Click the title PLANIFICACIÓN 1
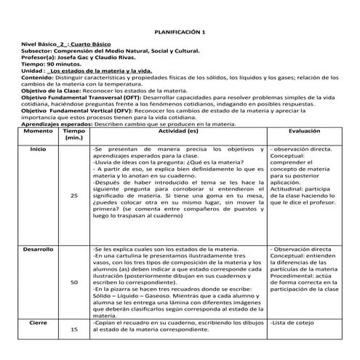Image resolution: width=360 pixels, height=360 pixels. pos(180,33)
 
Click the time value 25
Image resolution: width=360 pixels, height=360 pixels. pos(74,196)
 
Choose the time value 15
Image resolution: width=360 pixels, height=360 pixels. pos(74,329)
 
